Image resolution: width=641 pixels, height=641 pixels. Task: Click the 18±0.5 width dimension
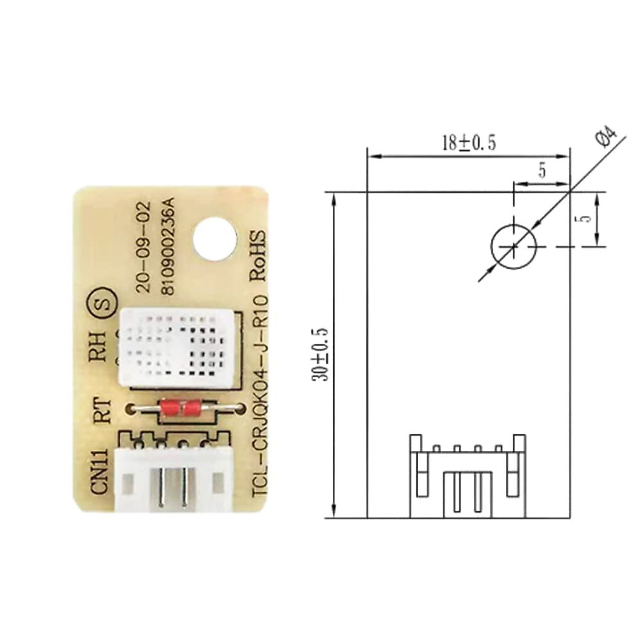click(x=468, y=143)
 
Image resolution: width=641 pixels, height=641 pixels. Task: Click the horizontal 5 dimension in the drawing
click(x=542, y=171)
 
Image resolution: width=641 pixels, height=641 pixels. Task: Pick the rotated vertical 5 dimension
click(x=584, y=219)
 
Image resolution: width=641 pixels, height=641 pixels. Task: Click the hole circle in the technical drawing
click(x=513, y=246)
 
